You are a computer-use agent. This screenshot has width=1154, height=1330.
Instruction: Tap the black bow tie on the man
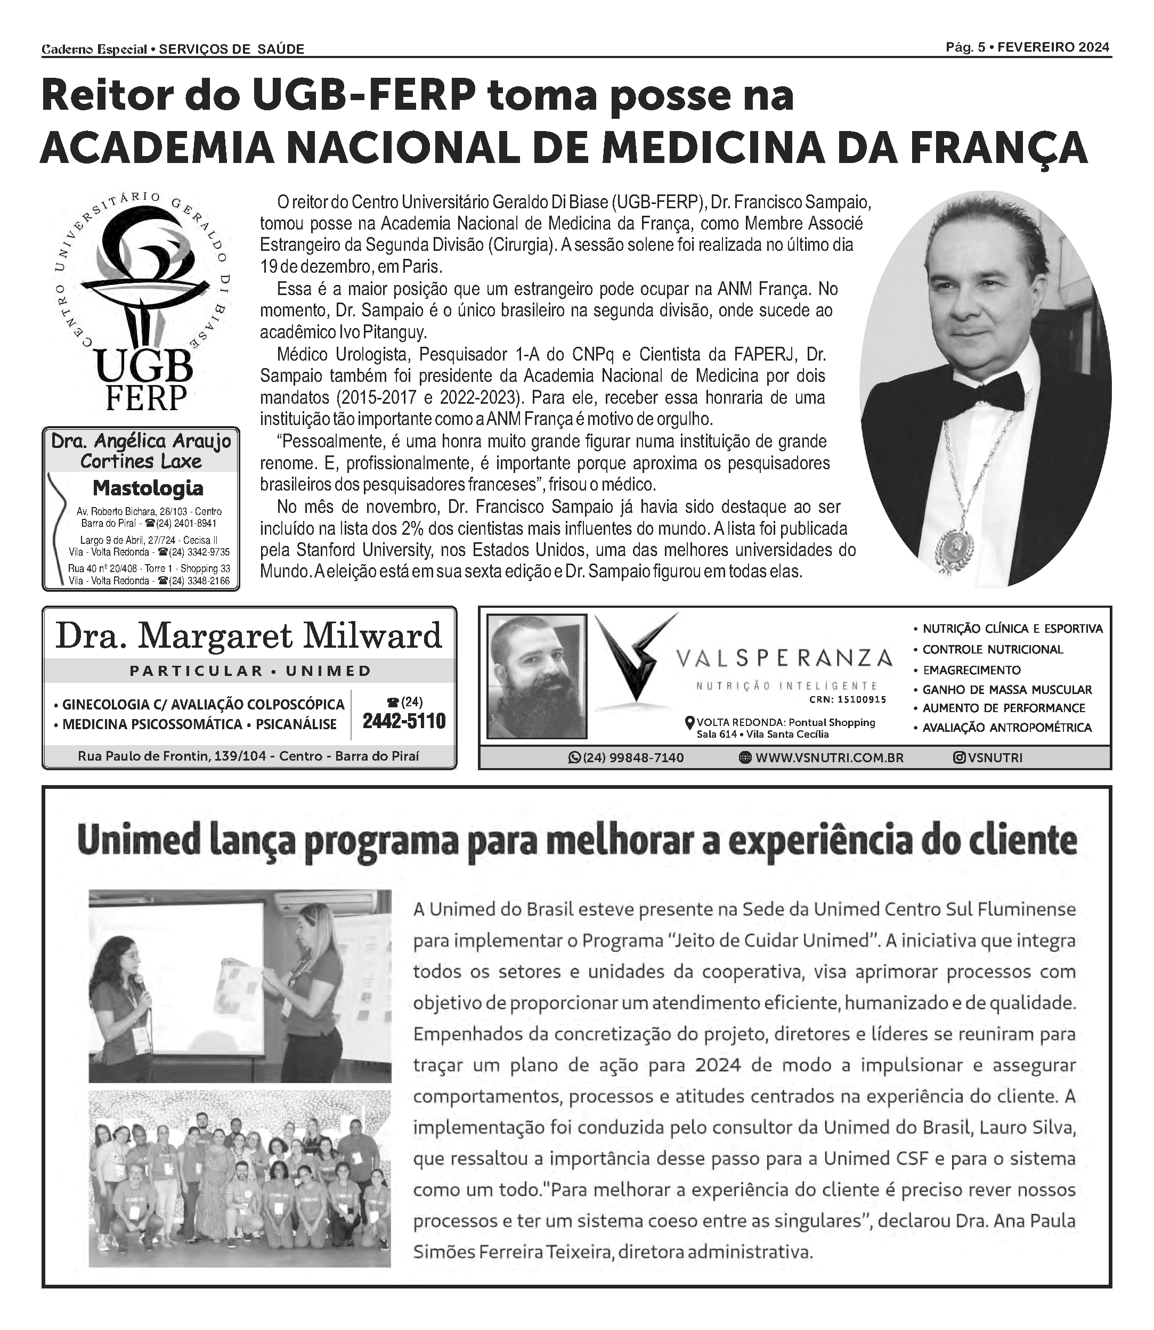[992, 390]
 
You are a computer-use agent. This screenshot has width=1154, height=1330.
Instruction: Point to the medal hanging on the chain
[955, 546]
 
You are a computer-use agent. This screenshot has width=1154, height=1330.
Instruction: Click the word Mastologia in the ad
[148, 488]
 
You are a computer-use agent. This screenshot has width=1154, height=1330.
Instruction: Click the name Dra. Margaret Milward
[249, 636]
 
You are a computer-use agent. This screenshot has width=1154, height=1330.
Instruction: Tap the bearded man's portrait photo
[537, 675]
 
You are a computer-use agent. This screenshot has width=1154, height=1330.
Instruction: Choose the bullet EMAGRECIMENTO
[971, 670]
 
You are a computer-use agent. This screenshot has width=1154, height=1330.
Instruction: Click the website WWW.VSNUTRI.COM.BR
[829, 758]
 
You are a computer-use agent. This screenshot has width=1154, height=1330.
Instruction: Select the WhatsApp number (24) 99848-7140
[633, 758]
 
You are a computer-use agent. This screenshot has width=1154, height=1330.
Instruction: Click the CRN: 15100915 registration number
[848, 700]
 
